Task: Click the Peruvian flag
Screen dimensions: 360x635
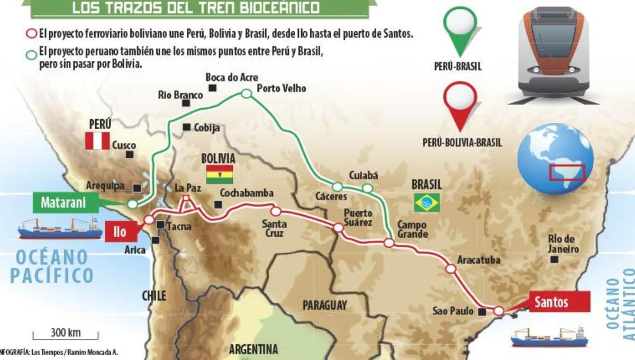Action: click(97, 141)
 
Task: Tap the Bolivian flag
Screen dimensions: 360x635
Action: click(220, 174)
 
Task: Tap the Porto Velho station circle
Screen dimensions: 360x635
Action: click(246, 94)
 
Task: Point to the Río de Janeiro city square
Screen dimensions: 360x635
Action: click(554, 259)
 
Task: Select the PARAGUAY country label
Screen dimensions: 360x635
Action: click(325, 305)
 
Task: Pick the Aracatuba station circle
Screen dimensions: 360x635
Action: click(450, 268)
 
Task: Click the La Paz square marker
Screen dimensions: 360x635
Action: click(186, 199)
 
